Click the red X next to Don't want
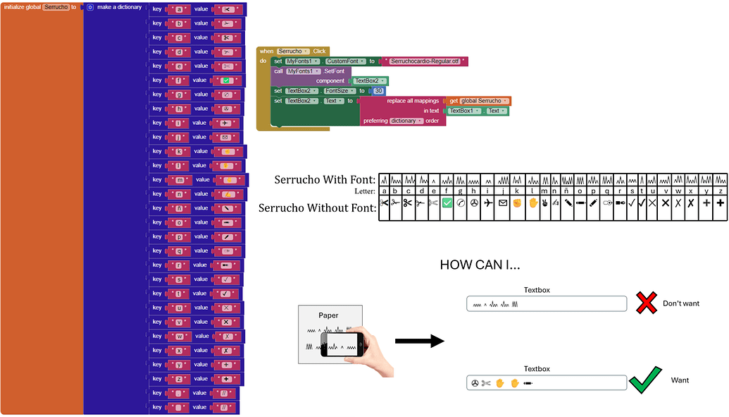(x=647, y=303)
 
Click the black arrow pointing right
(x=418, y=342)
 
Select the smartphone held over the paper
(x=343, y=344)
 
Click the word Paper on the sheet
(x=329, y=315)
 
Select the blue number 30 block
(x=378, y=91)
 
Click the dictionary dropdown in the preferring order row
(x=406, y=121)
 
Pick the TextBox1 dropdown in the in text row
(x=463, y=111)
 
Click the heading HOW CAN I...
(x=480, y=265)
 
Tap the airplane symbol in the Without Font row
(x=489, y=203)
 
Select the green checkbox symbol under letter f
(x=447, y=203)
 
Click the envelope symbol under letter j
(x=502, y=203)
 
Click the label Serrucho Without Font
(x=317, y=208)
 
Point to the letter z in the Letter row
(x=720, y=190)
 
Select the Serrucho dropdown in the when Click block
(x=292, y=52)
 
